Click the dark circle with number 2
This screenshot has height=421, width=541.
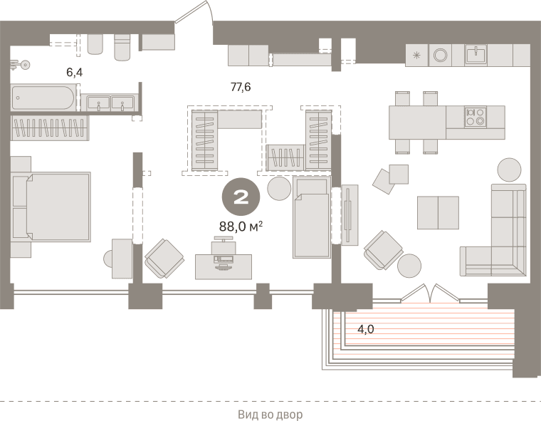[x=241, y=197]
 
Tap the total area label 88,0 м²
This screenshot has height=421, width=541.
[x=241, y=227]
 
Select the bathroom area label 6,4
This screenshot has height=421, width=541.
[x=75, y=73]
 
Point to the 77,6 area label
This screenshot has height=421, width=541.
[x=241, y=87]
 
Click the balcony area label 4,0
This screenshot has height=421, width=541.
[x=365, y=329]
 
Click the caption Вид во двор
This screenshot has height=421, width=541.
[x=270, y=415]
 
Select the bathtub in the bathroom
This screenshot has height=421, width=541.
[x=43, y=98]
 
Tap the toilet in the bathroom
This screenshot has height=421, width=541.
[x=122, y=47]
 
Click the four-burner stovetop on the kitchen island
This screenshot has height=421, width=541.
[x=475, y=117]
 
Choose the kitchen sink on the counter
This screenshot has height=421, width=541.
[x=476, y=55]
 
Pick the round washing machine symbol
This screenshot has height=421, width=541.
[x=440, y=56]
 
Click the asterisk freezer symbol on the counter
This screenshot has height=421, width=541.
[x=417, y=55]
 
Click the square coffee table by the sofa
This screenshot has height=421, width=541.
[x=438, y=213]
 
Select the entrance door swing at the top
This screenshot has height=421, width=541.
[x=194, y=11]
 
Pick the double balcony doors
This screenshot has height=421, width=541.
[x=430, y=293]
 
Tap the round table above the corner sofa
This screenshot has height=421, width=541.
[x=509, y=170]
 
